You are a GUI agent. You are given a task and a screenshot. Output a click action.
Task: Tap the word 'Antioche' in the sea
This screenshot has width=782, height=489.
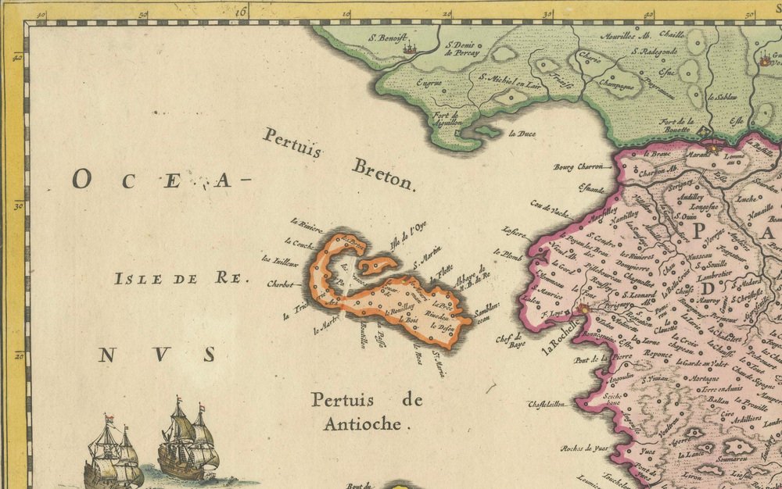(x=367, y=425)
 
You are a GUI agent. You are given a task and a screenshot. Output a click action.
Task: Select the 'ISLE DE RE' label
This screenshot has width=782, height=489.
(x=180, y=278)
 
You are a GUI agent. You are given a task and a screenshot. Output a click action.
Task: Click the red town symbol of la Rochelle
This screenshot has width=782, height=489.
(x=583, y=311)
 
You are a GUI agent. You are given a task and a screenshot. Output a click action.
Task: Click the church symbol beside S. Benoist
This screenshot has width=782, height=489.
(x=410, y=48)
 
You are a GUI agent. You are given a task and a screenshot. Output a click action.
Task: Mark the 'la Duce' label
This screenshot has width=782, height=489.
(x=522, y=134)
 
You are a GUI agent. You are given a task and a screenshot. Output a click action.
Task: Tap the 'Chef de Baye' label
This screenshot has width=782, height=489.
(x=511, y=341)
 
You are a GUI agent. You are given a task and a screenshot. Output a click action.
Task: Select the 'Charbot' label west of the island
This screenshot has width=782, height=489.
(x=280, y=284)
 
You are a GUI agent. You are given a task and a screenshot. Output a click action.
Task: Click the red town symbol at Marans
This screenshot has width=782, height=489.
(x=713, y=145)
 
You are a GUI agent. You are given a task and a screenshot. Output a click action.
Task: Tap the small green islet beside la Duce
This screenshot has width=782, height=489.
(x=490, y=131)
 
